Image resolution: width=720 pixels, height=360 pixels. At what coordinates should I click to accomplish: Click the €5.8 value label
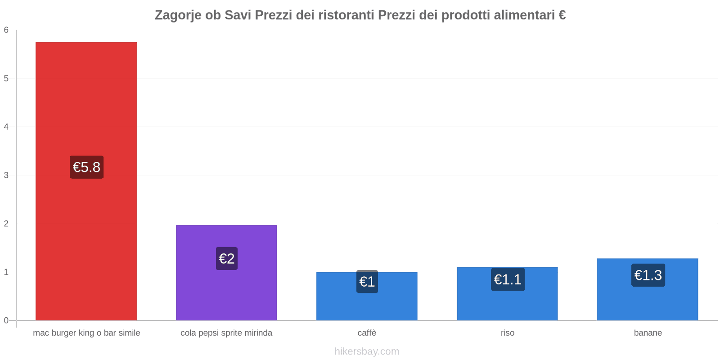point(86,167)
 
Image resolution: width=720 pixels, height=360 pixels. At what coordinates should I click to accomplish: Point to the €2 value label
point(227,259)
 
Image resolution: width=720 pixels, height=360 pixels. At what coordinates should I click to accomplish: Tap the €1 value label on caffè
point(367,282)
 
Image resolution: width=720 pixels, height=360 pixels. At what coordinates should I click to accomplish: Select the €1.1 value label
point(508,279)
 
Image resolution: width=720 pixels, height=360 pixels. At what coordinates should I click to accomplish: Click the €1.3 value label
point(648,275)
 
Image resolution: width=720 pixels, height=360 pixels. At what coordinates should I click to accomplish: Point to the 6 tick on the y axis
point(6,30)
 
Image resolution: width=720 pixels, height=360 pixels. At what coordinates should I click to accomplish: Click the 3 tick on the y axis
point(6,175)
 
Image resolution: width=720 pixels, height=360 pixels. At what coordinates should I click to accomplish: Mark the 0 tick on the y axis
point(6,320)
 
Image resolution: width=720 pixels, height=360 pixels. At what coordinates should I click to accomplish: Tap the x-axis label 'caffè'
point(367,333)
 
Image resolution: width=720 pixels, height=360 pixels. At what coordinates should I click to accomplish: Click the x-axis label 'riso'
point(507,333)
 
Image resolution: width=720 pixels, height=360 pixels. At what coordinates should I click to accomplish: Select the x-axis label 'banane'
point(648,333)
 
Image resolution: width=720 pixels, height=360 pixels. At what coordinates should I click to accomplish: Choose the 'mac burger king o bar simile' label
point(86,333)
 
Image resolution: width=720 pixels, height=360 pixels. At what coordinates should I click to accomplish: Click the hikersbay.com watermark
point(367,351)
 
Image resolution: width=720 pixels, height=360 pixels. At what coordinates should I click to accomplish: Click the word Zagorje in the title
point(178,15)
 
